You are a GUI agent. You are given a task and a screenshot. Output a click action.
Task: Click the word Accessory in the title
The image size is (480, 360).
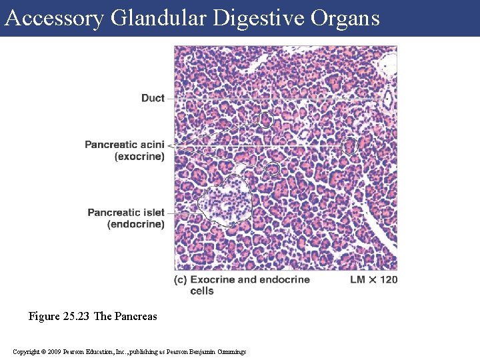click(x=54, y=18)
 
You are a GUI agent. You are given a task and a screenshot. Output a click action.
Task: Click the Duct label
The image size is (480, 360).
click(x=153, y=98)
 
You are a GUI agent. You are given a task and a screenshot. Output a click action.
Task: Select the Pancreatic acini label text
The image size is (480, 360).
click(x=125, y=145)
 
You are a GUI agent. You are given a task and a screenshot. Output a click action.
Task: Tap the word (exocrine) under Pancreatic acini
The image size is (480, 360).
click(x=139, y=157)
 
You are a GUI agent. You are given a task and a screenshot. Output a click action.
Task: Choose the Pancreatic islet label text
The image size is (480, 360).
click(x=126, y=213)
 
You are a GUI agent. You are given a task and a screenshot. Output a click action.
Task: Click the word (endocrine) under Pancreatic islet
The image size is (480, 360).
click(x=135, y=225)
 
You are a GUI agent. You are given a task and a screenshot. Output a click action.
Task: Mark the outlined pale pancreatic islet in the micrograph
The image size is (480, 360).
click(x=223, y=201)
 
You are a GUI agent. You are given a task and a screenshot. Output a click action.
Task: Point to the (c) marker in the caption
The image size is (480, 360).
click(x=180, y=279)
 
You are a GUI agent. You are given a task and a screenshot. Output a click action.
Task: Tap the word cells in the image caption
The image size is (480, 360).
click(x=202, y=291)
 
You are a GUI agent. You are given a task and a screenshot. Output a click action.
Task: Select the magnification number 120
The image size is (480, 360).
click(x=387, y=279)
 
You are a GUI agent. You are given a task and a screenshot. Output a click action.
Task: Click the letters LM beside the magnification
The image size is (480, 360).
click(x=359, y=279)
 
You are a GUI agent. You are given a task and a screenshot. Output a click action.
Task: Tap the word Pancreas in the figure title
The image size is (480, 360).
click(x=136, y=316)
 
